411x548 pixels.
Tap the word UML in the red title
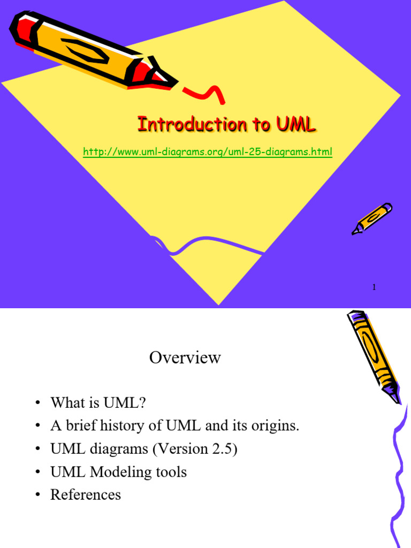pyautogui.click(x=296, y=125)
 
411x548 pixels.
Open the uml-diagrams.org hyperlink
pyautogui.click(x=208, y=152)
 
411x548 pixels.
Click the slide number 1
pyautogui.click(x=374, y=288)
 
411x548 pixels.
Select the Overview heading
pyautogui.click(x=185, y=357)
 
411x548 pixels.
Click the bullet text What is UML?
pyautogui.click(x=98, y=402)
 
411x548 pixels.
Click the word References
pyautogui.click(x=86, y=495)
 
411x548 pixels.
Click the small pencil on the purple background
pyautogui.click(x=371, y=218)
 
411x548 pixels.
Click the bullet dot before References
pyautogui.click(x=37, y=496)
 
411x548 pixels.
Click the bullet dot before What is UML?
pyautogui.click(x=37, y=403)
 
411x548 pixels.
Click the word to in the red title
pyautogui.click(x=260, y=125)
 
